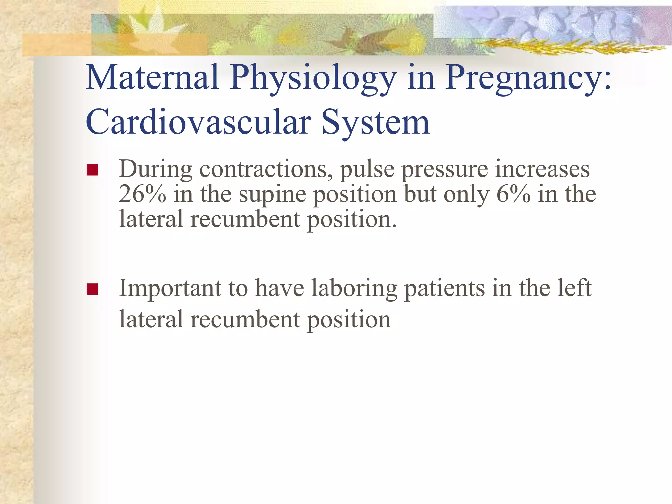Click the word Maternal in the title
click(x=152, y=77)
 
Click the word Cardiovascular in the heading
click(x=198, y=122)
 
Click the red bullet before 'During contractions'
click(x=93, y=170)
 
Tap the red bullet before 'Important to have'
click(x=93, y=289)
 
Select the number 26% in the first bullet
click(x=142, y=194)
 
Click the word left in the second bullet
click(x=571, y=288)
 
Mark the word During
click(x=156, y=170)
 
